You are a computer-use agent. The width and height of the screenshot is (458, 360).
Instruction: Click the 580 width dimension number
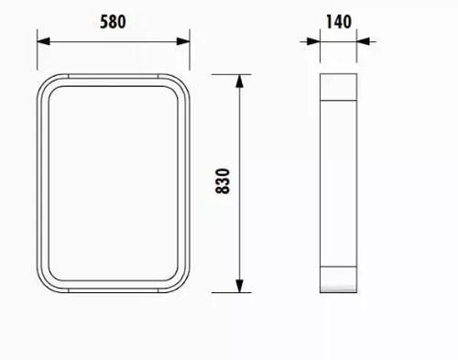point(113,22)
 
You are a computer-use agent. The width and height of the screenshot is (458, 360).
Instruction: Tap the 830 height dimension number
point(223,181)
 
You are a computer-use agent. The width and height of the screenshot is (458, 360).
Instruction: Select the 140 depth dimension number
point(338,22)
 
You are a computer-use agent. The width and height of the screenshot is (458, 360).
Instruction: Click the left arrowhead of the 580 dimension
point(43,41)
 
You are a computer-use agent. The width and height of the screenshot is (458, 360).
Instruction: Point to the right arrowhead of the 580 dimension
point(183,41)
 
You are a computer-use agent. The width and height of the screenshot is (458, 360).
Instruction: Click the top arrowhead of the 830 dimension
point(240,81)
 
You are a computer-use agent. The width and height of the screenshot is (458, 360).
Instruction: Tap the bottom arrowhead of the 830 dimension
point(240,286)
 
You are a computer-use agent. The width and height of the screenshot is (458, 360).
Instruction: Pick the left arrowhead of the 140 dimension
point(313,41)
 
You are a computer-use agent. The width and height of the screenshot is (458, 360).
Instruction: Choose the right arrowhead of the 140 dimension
point(363,41)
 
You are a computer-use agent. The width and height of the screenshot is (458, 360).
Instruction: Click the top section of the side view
point(338,87)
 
